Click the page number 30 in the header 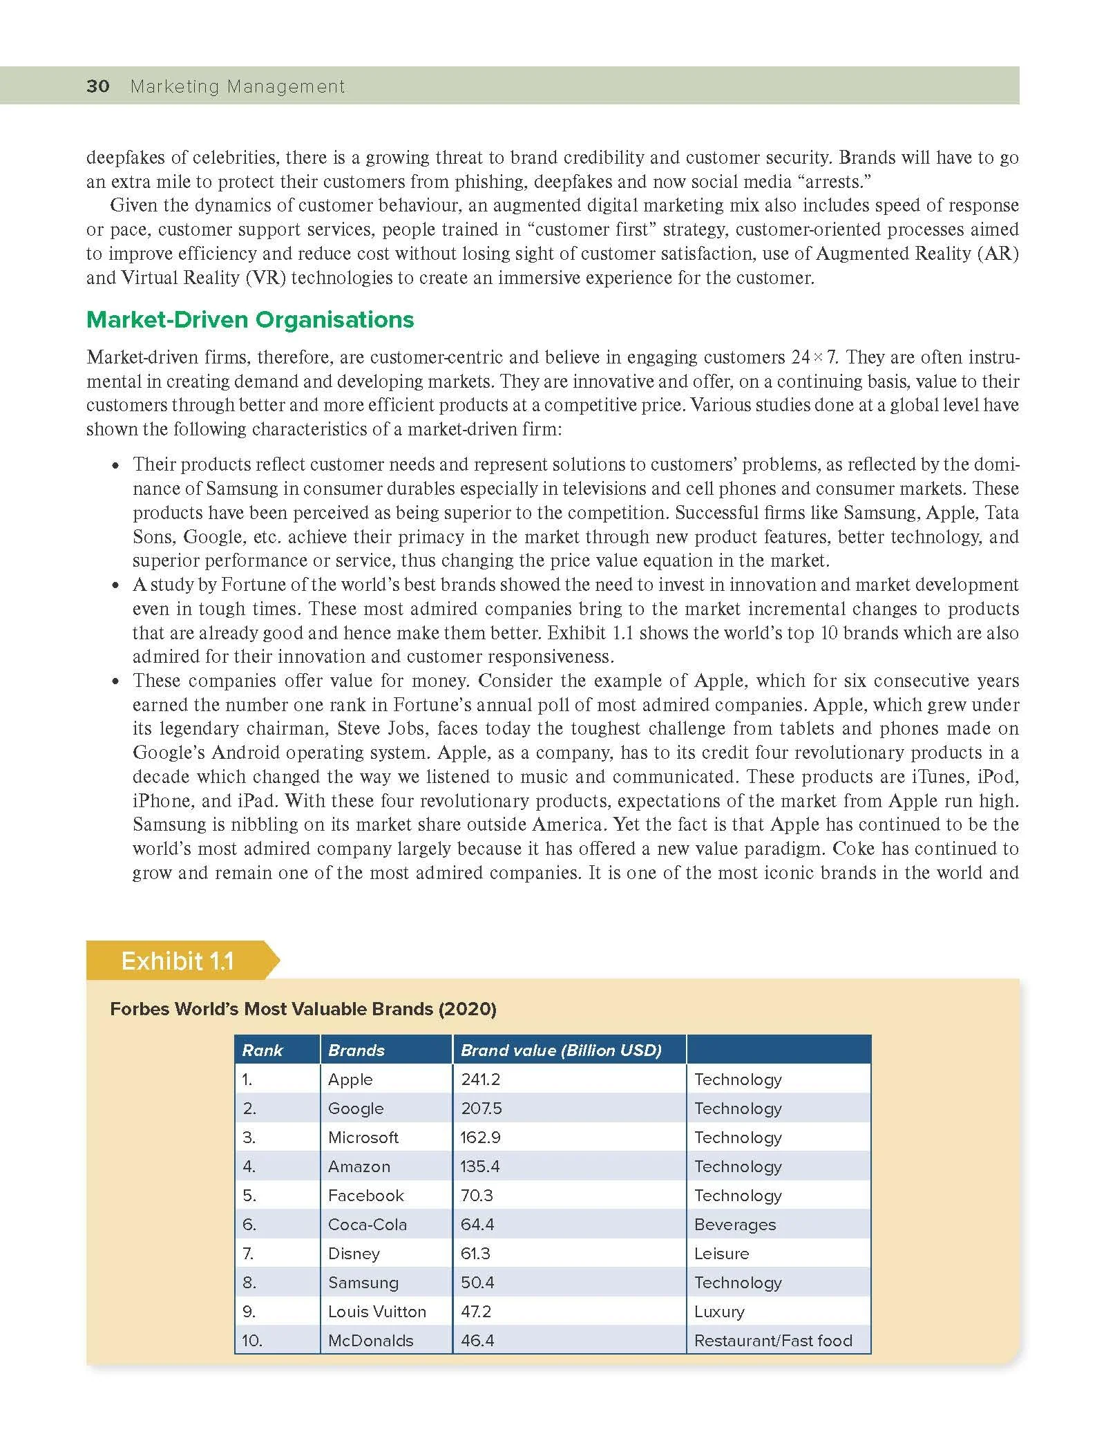[97, 86]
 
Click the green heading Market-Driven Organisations [250, 320]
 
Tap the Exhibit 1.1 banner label [178, 961]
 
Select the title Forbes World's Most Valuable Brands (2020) [303, 1009]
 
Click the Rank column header [263, 1050]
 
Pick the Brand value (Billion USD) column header [561, 1050]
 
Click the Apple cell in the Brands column [350, 1079]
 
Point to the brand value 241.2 [480, 1079]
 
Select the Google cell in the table [356, 1109]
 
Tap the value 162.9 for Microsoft [480, 1138]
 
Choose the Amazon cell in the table [359, 1167]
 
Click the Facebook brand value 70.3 [477, 1196]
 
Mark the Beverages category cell [735, 1225]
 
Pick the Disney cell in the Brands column [354, 1254]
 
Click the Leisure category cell [721, 1254]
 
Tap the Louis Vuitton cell [377, 1312]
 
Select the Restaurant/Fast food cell [773, 1341]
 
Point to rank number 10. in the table [251, 1341]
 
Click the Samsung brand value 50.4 [477, 1283]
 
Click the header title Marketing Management [238, 86]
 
